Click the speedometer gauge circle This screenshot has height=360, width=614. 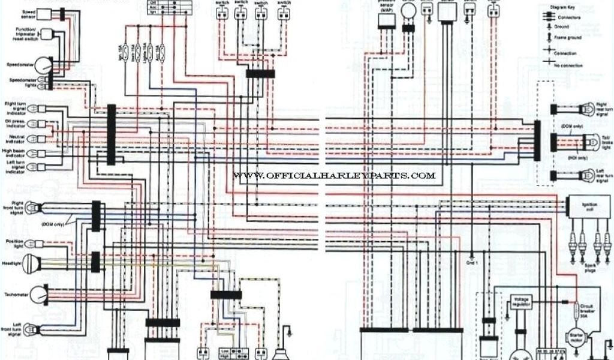click(43, 65)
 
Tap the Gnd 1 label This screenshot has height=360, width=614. click(471, 262)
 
